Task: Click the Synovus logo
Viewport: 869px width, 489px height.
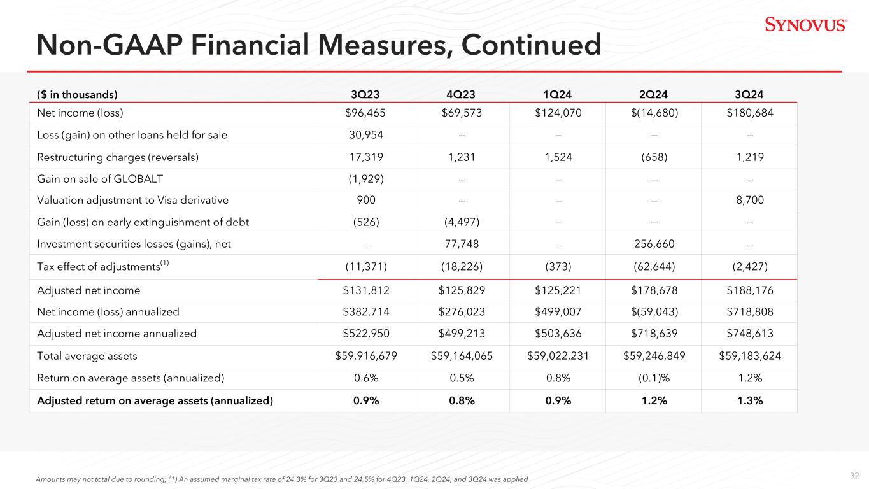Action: coord(805,25)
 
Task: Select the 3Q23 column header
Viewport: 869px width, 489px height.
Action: coord(364,94)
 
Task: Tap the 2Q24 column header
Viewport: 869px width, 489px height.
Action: coord(653,94)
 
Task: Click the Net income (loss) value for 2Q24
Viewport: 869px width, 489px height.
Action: coord(653,113)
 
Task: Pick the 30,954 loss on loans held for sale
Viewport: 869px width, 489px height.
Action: coord(364,135)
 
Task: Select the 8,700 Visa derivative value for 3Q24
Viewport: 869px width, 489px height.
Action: coord(749,201)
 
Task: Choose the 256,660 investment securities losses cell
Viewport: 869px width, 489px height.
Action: coord(653,244)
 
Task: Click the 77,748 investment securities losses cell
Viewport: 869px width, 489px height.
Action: coord(460,244)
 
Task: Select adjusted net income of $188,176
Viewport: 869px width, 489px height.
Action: coord(749,291)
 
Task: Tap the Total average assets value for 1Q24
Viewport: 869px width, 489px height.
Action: coord(556,356)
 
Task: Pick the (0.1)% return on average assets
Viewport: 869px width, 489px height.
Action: coord(653,378)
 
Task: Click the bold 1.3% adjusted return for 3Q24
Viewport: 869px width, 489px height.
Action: coord(749,400)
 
